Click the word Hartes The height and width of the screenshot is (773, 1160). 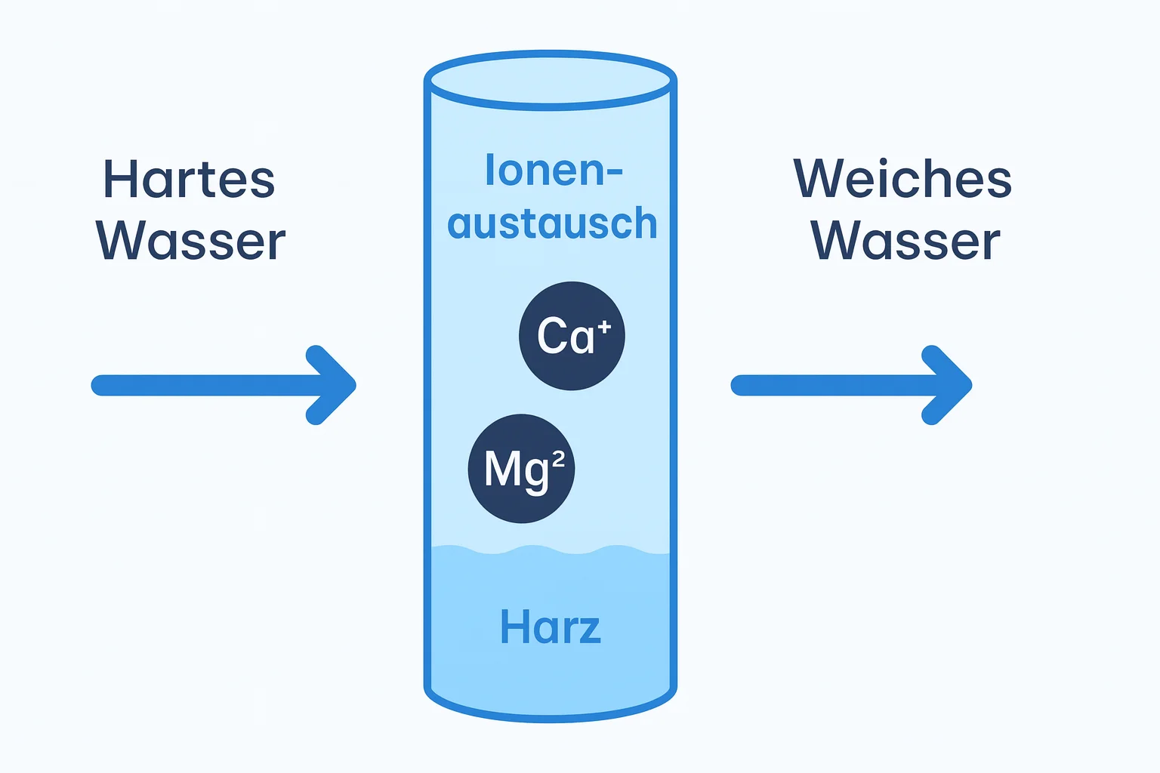click(189, 180)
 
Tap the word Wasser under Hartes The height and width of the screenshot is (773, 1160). click(191, 242)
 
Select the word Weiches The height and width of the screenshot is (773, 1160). click(902, 180)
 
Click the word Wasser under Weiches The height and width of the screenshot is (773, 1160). click(905, 242)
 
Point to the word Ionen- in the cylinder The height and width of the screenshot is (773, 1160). click(553, 171)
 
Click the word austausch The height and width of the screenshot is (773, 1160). click(552, 224)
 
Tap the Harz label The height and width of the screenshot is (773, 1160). click(551, 627)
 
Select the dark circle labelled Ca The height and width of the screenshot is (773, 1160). click(572, 336)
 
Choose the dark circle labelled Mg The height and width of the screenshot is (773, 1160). click(521, 468)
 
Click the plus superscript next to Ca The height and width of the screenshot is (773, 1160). click(604, 326)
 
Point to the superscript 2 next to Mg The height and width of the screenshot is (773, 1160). click(558, 460)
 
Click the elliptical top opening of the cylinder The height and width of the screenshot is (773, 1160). click(551, 80)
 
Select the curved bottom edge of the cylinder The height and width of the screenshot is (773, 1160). click(551, 714)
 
